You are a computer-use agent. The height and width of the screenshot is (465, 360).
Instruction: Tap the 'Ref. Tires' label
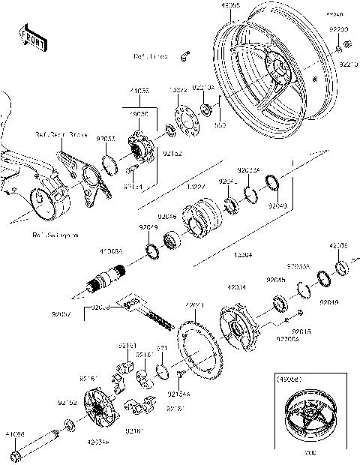click(x=150, y=55)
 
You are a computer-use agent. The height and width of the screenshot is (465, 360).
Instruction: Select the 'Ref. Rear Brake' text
click(x=61, y=135)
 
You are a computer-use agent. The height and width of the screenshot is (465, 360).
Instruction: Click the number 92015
click(x=302, y=331)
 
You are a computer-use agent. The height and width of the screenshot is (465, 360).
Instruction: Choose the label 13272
click(x=177, y=88)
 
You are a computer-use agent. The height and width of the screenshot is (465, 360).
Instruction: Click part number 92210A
click(x=204, y=88)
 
